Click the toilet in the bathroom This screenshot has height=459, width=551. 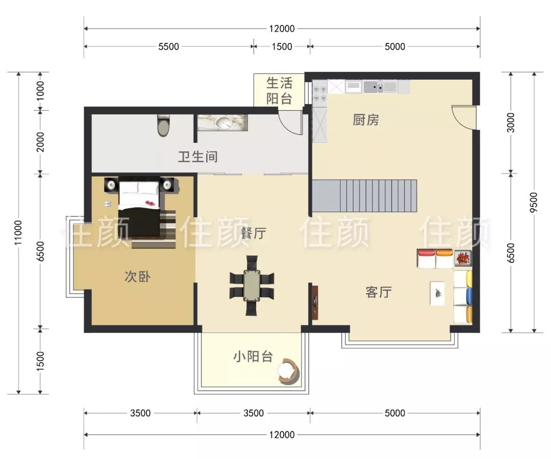(163, 125)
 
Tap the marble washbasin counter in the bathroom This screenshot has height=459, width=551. (222, 122)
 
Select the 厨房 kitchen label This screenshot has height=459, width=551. (366, 120)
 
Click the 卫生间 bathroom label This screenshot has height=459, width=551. (197, 157)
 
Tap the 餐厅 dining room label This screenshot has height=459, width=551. (253, 234)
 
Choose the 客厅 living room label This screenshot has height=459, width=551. (378, 292)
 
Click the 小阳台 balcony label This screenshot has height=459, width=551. (253, 357)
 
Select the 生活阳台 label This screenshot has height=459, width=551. (279, 91)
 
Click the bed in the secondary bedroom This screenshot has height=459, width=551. (140, 209)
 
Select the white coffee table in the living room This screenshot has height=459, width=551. (438, 293)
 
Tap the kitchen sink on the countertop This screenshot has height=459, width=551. (373, 87)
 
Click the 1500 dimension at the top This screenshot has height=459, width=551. (282, 46)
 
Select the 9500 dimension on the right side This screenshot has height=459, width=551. (534, 202)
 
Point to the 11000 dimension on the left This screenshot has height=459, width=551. (18, 233)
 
